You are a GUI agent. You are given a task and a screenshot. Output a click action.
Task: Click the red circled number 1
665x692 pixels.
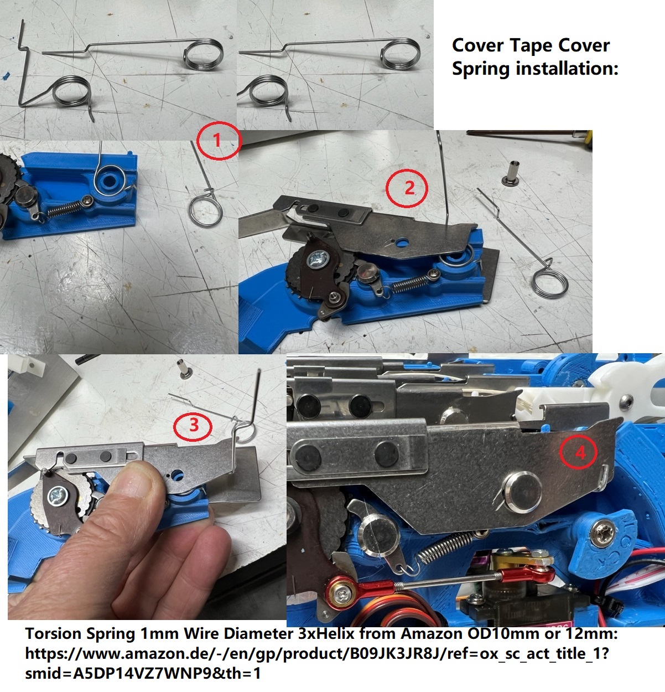coord(219,141)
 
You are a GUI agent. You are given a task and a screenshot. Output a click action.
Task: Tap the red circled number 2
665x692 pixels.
coord(407,188)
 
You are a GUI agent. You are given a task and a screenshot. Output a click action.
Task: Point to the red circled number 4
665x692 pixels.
coord(578,452)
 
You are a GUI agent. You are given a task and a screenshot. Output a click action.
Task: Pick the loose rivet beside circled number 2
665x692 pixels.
coord(511,173)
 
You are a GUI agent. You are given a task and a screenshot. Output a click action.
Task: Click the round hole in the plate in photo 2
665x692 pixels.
coord(403,243)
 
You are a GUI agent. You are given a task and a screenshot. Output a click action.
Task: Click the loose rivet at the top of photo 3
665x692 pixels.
coord(184,369)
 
